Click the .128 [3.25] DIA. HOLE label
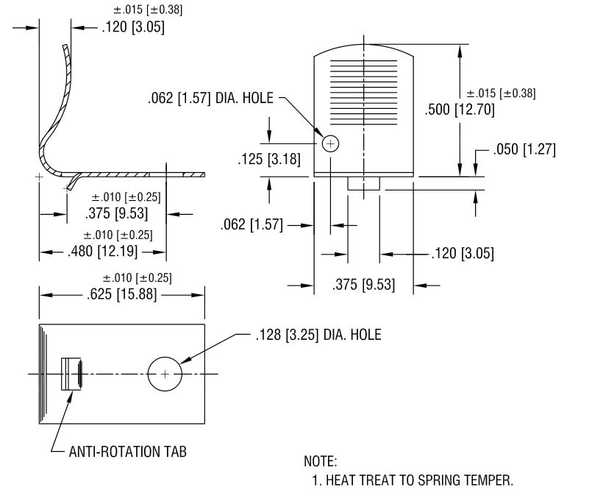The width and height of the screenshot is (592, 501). (318, 335)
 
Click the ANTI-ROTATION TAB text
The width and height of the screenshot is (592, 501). (128, 452)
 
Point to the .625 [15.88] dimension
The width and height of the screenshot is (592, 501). (121, 294)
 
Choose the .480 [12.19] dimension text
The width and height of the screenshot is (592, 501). (103, 251)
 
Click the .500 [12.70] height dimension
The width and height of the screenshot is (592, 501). (460, 110)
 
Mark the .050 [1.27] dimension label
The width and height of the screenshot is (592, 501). (524, 149)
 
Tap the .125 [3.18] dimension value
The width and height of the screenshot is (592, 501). (269, 159)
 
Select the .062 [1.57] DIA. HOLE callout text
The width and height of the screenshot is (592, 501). (210, 98)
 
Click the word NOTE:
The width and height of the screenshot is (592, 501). (321, 461)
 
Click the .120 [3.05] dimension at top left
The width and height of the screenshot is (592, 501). (133, 27)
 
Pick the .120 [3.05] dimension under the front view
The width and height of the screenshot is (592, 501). (463, 253)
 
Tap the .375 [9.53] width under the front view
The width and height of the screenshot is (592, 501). (363, 285)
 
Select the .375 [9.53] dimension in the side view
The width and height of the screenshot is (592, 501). (116, 213)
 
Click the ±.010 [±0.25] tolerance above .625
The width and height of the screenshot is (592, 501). (137, 278)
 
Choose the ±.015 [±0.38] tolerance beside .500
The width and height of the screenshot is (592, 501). (501, 93)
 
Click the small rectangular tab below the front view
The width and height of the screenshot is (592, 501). (363, 183)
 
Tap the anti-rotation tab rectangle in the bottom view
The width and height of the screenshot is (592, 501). (71, 374)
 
